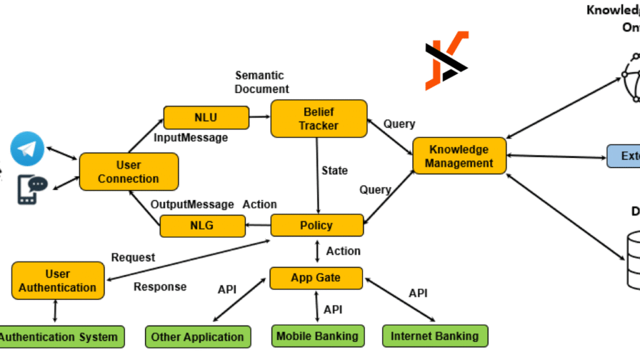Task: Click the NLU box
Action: (x=206, y=117)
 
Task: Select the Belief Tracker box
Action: (x=319, y=118)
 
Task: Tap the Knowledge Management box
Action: (x=459, y=156)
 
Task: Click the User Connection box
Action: (x=129, y=172)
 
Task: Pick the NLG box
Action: (x=202, y=226)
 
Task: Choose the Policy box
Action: (x=316, y=226)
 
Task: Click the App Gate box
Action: (x=316, y=277)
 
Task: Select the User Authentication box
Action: (x=58, y=281)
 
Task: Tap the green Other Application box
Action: (x=197, y=337)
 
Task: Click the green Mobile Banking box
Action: (x=317, y=336)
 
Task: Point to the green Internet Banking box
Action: (x=434, y=336)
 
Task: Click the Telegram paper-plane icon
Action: (x=27, y=149)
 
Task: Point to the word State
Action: (x=334, y=170)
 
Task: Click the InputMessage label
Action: (x=191, y=137)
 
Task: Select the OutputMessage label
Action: (x=192, y=204)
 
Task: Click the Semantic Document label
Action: (x=262, y=82)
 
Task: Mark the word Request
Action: (x=133, y=257)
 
